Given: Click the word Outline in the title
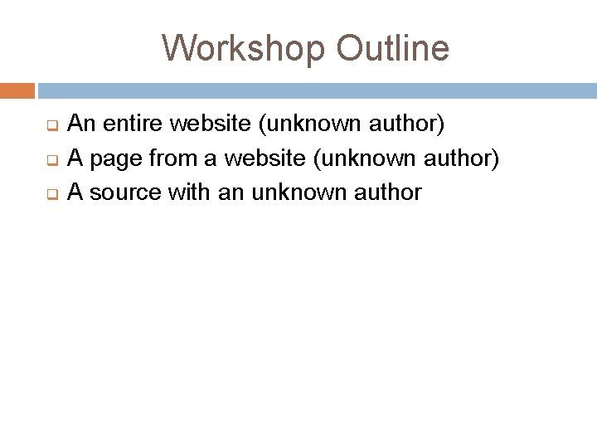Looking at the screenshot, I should (x=393, y=48).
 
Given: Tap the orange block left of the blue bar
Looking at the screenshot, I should (x=17, y=90).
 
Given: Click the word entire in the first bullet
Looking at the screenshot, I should (x=131, y=124).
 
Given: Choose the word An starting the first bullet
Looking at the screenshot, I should (x=80, y=124).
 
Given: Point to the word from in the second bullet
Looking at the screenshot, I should (x=163, y=158).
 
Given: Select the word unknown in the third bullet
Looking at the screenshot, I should (x=290, y=193).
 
